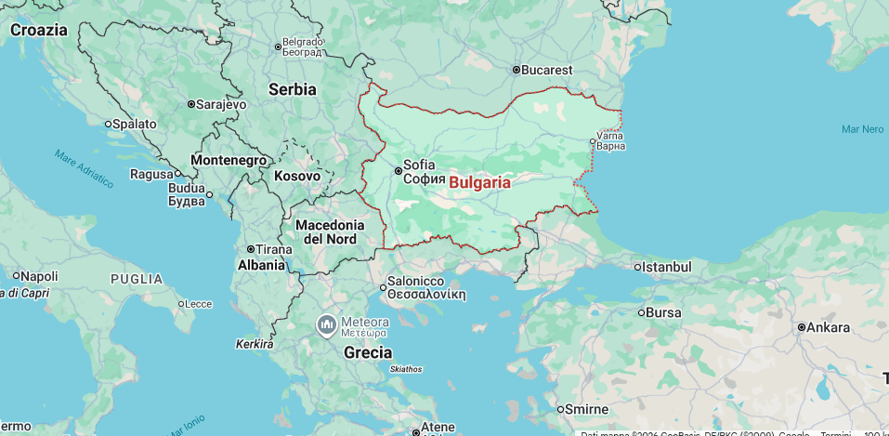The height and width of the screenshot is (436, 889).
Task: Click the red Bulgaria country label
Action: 479,182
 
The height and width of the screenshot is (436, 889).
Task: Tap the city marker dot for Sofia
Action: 399,171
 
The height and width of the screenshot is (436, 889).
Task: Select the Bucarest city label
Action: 547,70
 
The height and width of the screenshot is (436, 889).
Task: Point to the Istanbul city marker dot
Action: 638,268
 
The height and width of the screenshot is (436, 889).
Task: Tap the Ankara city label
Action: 828,327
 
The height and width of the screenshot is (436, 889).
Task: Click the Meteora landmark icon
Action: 326,325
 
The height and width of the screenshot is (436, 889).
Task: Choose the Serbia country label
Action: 293,89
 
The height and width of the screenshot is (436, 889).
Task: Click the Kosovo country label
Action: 297,176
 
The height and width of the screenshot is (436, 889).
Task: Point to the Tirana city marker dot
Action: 251,249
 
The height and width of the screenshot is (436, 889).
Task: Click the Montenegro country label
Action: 229,160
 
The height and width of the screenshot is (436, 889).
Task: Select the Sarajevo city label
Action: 222,104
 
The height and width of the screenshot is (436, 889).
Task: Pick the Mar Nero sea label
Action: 862,129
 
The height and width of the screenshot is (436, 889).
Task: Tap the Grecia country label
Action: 368,352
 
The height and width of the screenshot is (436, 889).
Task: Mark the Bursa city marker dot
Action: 642,312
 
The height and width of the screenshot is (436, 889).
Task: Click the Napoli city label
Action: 39,276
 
